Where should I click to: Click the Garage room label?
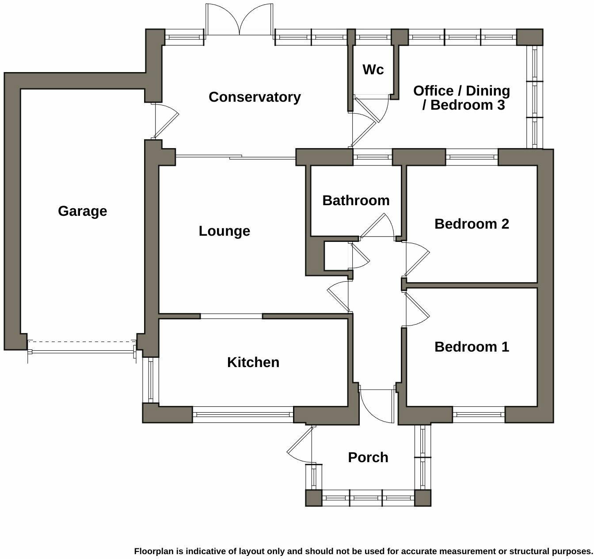(82, 211)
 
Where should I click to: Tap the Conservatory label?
(255, 97)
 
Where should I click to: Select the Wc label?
(373, 69)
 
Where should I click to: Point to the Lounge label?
(224, 231)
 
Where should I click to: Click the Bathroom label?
(356, 200)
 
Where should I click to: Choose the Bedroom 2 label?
(472, 224)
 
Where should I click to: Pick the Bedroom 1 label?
(472, 347)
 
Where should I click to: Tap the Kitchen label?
(253, 362)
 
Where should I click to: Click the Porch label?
(368, 457)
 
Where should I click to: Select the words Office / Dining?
(461, 91)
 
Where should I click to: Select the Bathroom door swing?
(378, 226)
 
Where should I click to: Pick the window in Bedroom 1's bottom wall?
(479, 414)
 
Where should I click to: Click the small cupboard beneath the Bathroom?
(336, 256)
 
